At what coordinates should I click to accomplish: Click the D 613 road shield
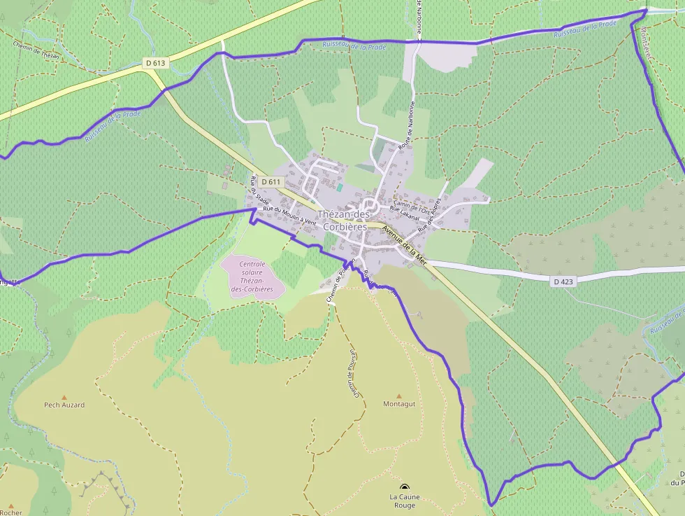pyautogui.click(x=156, y=63)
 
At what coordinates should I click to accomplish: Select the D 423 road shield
pyautogui.click(x=563, y=281)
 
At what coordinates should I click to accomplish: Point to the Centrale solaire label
pyautogui.click(x=252, y=277)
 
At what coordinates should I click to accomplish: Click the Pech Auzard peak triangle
pyautogui.click(x=64, y=396)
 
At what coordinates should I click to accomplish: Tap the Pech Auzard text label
pyautogui.click(x=64, y=405)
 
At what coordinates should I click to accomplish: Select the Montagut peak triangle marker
pyautogui.click(x=399, y=396)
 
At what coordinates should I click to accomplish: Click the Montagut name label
pyautogui.click(x=399, y=405)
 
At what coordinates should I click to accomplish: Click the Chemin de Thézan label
pyautogui.click(x=36, y=50)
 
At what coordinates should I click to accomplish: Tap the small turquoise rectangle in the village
pyautogui.click(x=340, y=188)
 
